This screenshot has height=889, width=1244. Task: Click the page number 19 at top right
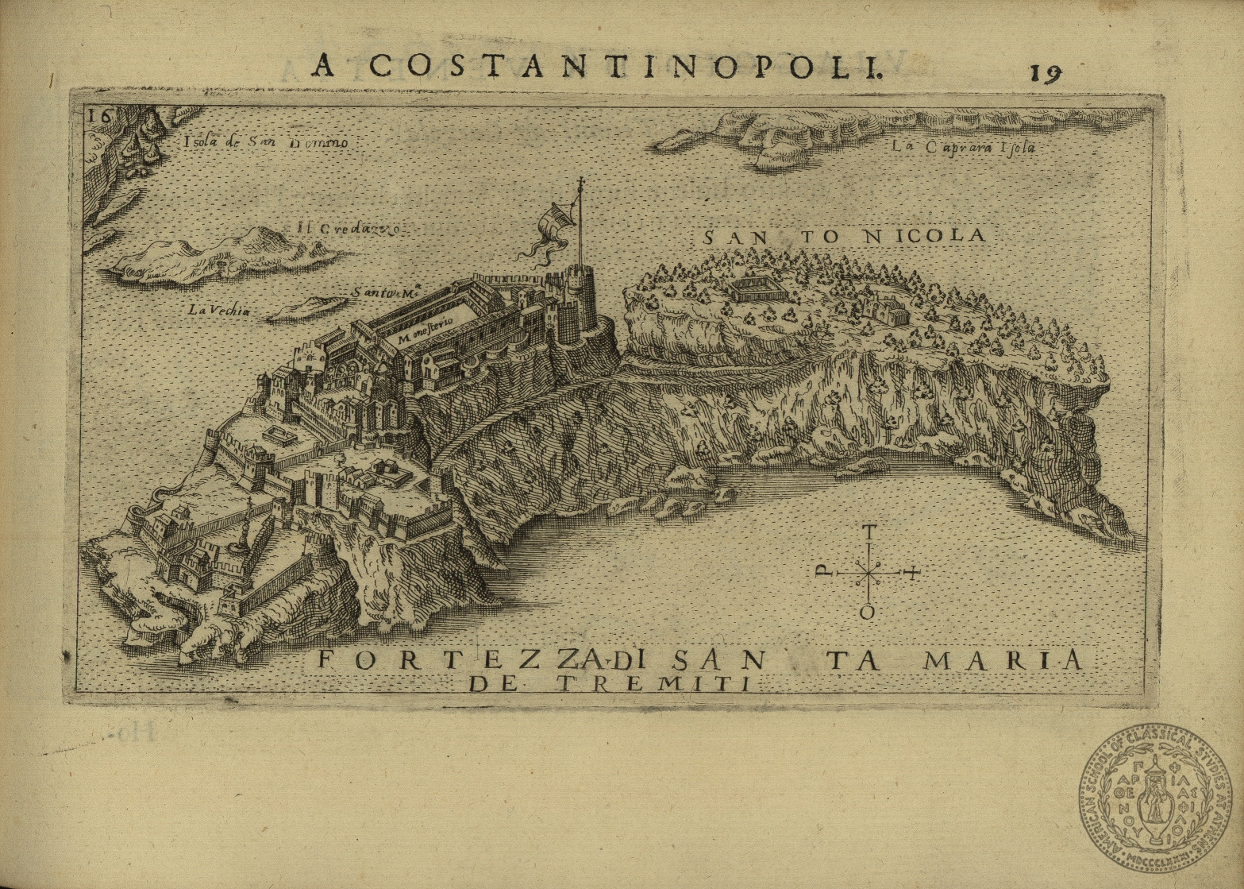1046,72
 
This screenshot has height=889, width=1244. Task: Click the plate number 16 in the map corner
100,114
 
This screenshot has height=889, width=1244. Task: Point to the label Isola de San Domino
265,143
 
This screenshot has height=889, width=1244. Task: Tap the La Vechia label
219,311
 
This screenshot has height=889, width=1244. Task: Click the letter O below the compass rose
869,613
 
